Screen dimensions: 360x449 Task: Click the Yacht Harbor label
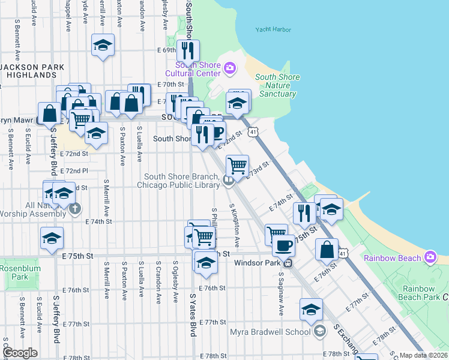tap(273, 29)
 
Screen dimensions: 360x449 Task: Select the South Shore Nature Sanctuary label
tap(277, 85)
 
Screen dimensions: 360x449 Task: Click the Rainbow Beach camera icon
tap(430, 258)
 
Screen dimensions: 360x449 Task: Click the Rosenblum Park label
tap(19, 272)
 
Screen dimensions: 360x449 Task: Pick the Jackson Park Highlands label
tap(28, 71)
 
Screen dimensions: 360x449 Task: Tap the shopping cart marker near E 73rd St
tap(238, 166)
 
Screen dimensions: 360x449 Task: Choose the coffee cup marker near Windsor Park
tap(283, 245)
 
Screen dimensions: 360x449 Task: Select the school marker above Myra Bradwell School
tap(311, 310)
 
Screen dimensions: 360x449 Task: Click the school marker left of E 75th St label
tap(52, 238)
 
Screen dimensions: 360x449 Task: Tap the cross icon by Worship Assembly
tap(74, 209)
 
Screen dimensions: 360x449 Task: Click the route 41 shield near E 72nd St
tap(254, 131)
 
